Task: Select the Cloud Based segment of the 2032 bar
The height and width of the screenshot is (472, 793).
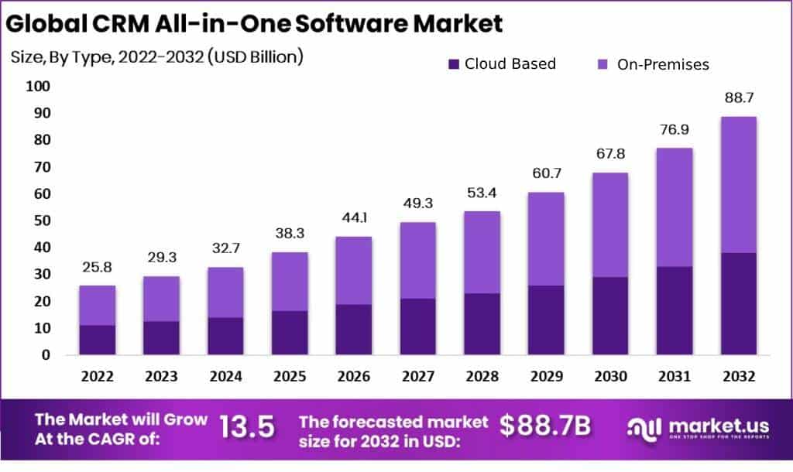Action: (x=737, y=303)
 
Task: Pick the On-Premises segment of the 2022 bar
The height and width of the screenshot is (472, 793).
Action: (x=97, y=306)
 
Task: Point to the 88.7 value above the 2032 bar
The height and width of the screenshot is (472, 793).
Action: (x=737, y=98)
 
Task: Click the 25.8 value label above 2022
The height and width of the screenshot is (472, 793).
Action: (x=97, y=268)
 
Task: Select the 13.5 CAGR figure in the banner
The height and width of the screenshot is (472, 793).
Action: (x=247, y=428)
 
